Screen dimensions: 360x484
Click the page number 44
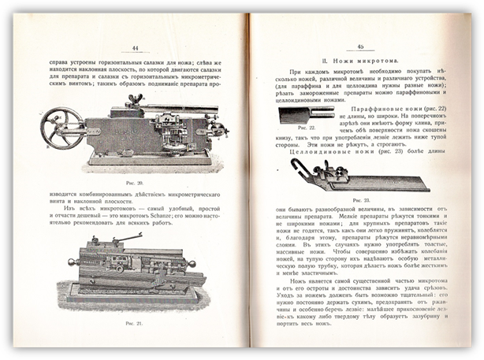click(136, 47)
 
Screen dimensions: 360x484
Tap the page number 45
click(359, 46)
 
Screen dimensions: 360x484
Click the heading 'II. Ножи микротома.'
click(359, 60)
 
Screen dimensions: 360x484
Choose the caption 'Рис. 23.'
click(361, 201)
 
